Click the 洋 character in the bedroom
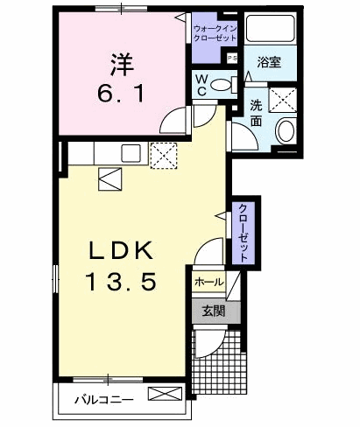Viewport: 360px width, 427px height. click(122, 64)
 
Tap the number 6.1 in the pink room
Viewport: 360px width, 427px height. click(121, 94)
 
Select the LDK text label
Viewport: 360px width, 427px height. click(121, 250)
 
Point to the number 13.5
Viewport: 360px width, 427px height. click(121, 282)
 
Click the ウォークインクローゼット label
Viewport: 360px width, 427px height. click(215, 33)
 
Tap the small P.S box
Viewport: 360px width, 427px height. click(232, 58)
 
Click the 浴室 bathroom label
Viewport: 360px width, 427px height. click(269, 62)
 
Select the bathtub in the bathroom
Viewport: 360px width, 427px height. click(270, 28)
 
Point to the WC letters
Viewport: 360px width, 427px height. click(201, 85)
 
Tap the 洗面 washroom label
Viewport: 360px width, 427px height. click(256, 113)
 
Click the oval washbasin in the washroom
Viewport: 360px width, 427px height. click(286, 131)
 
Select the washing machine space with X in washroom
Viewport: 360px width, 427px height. click(283, 100)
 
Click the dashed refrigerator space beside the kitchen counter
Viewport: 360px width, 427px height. click(164, 156)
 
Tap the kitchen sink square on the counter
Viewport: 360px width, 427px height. click(131, 153)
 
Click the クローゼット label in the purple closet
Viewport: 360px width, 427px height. click(244, 233)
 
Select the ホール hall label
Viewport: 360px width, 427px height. click(209, 282)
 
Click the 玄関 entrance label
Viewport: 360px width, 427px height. click(214, 311)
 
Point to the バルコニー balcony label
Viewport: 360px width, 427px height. click(104, 399)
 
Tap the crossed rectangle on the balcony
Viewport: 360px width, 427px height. click(165, 394)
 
